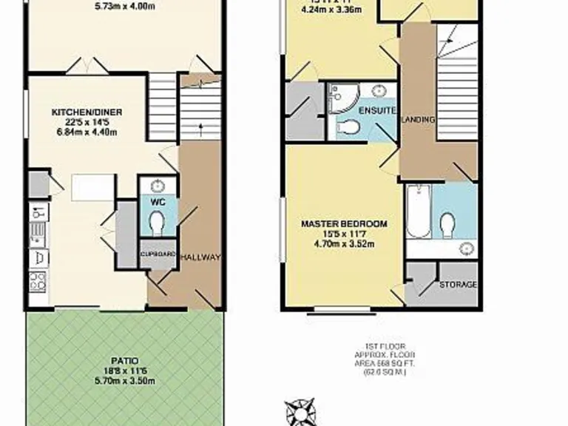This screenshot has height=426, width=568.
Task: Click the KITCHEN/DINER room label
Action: [87, 112]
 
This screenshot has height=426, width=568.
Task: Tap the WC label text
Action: [157, 200]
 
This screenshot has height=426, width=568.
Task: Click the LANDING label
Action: [418, 119]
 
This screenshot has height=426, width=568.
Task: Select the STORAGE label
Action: [458, 285]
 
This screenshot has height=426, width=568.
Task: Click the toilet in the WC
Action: [157, 222]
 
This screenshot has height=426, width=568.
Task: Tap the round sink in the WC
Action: [158, 186]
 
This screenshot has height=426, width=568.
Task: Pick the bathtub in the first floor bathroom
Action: [417, 212]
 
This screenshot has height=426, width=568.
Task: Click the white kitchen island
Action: [93, 187]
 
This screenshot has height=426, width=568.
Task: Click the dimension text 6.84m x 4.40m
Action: [87, 132]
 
